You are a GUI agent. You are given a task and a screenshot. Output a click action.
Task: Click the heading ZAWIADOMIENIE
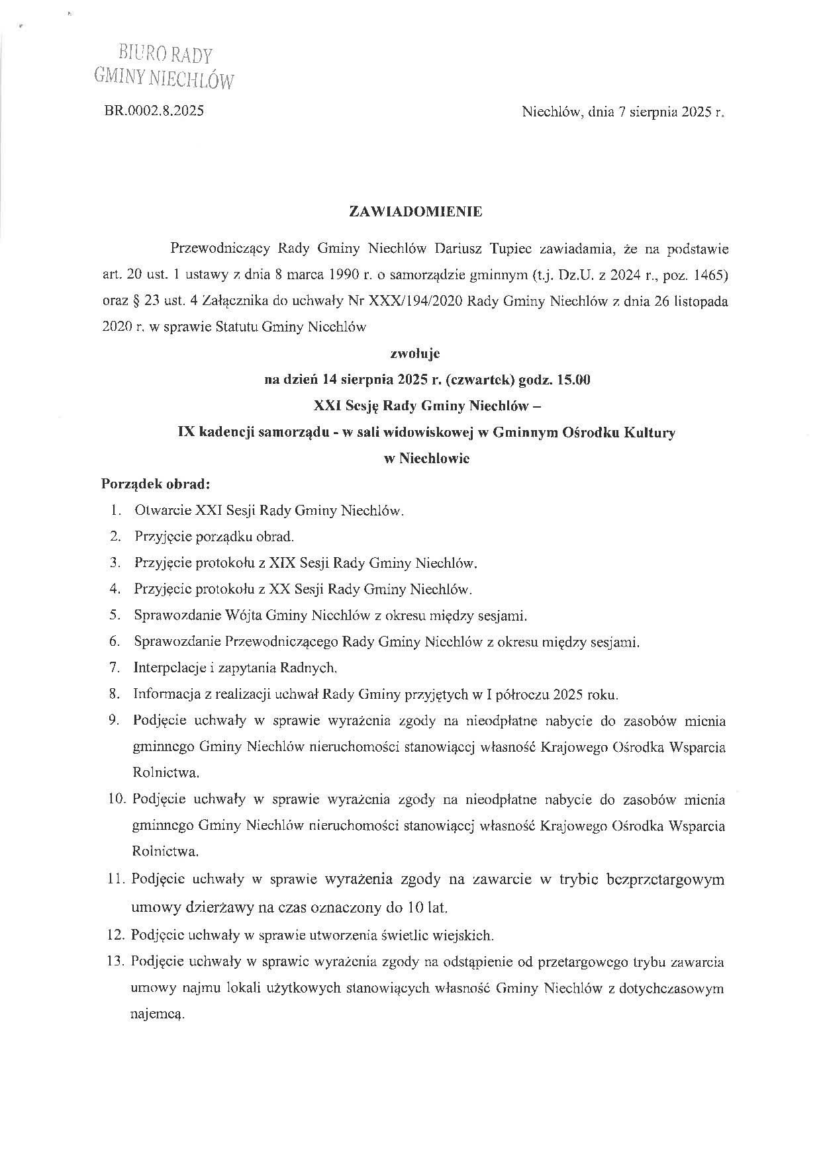click(416, 212)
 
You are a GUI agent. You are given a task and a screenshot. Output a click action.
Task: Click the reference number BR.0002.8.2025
click(154, 111)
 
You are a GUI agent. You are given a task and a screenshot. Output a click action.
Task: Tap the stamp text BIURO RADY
click(166, 54)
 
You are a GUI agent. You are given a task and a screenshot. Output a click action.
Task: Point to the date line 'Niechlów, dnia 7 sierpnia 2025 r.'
click(624, 112)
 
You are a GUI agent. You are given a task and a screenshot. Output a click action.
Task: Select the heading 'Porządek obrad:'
click(155, 484)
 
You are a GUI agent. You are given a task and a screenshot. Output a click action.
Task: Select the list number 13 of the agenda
click(117, 961)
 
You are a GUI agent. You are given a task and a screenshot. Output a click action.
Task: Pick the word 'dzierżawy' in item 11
click(223, 907)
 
